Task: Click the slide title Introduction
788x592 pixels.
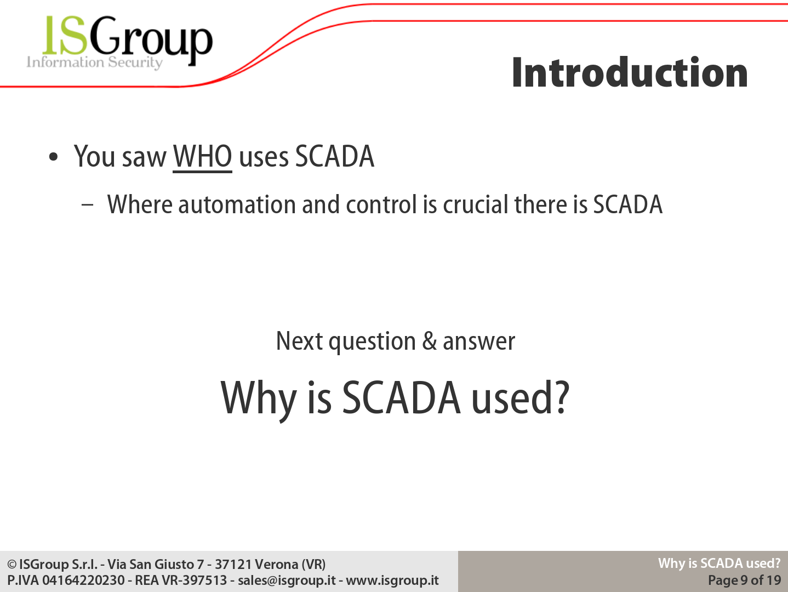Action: point(630,72)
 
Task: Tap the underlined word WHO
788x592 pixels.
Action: point(202,157)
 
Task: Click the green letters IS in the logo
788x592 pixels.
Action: point(65,35)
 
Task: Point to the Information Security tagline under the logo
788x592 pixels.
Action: point(94,62)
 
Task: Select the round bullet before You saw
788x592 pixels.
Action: point(53,157)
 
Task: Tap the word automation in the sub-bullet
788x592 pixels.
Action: point(237,204)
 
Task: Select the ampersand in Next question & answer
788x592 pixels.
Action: point(430,341)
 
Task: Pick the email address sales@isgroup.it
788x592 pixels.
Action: point(287,580)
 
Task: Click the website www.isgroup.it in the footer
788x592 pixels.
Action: point(392,580)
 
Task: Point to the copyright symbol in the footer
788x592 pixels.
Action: point(12,565)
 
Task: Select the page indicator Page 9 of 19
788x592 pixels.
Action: point(744,580)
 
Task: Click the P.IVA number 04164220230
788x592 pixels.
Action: point(83,580)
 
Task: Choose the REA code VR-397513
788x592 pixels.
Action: point(195,580)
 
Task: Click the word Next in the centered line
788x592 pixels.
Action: point(299,341)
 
